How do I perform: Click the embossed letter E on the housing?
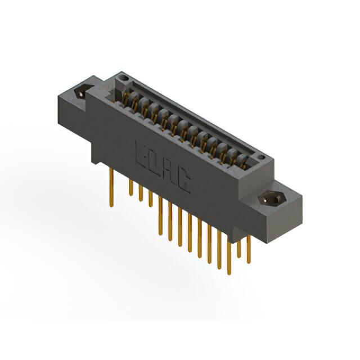click(x=141, y=154)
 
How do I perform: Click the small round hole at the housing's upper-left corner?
click(x=125, y=78)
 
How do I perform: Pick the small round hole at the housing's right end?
click(x=261, y=157)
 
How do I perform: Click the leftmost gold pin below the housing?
click(x=111, y=187)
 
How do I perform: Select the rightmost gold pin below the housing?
click(x=249, y=250)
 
